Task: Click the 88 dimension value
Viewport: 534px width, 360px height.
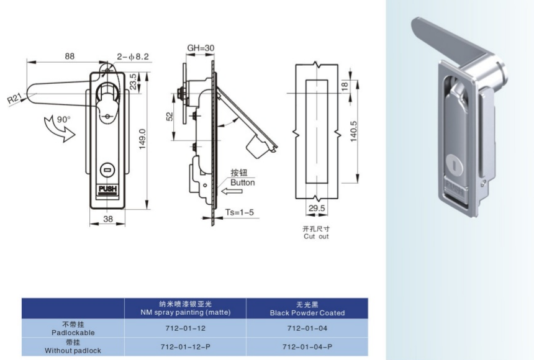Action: [x=70, y=56]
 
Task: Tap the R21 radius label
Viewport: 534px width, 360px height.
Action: [x=15, y=99]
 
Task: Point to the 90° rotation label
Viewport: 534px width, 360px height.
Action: [x=64, y=120]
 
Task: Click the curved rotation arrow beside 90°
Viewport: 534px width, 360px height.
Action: [x=58, y=130]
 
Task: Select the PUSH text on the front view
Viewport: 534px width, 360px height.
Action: [x=107, y=189]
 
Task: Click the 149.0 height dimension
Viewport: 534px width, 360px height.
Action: [x=142, y=139]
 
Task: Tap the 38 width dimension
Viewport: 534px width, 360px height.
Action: [x=108, y=219]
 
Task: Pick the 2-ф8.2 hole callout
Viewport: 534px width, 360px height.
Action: [x=133, y=56]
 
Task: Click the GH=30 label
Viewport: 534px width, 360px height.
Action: [x=201, y=48]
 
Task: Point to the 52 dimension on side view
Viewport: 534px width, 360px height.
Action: [x=170, y=117]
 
